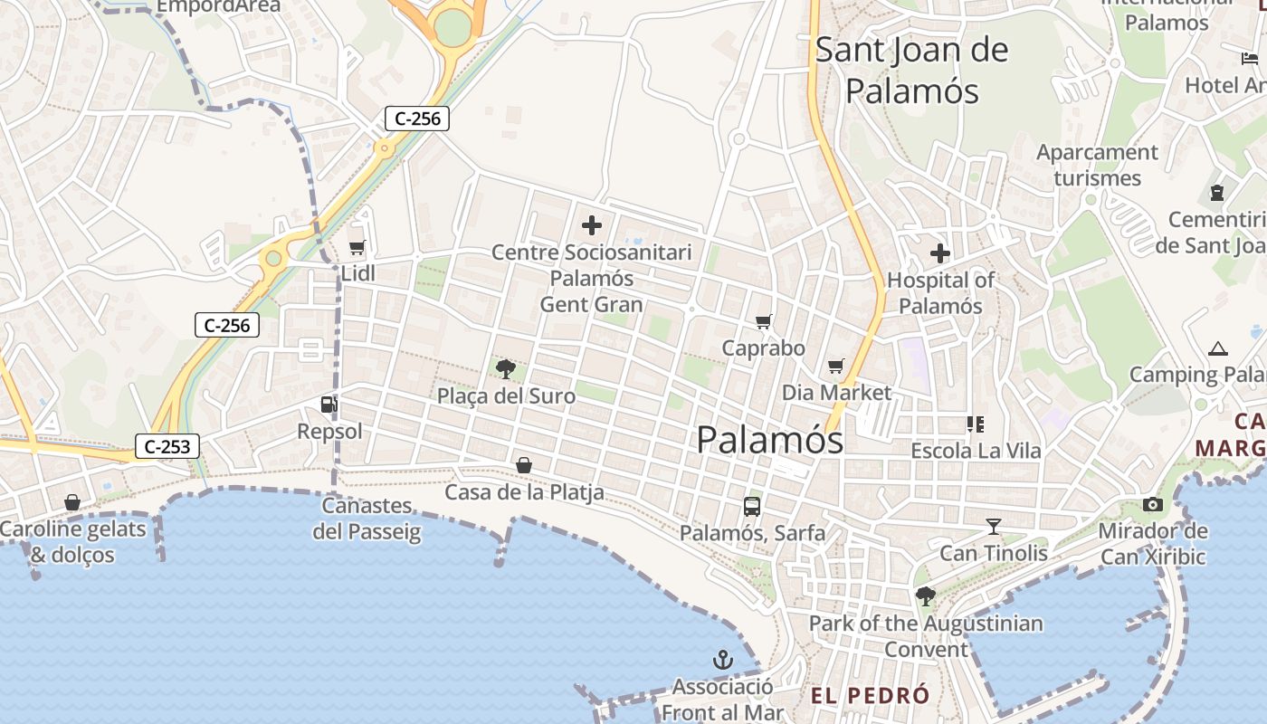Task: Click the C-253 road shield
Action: [x=167, y=445]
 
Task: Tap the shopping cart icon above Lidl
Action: [x=357, y=247]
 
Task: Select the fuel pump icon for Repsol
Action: [x=329, y=405]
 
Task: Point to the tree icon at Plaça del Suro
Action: [x=506, y=368]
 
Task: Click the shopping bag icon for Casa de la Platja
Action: [x=523, y=465]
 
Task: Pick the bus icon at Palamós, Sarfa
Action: [x=752, y=507]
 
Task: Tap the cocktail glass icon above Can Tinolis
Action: [x=994, y=527]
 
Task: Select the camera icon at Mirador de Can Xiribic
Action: [x=1153, y=505]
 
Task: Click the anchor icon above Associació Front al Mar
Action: [x=721, y=660]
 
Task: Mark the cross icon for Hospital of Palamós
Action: [x=940, y=253]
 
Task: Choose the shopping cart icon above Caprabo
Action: [x=764, y=321]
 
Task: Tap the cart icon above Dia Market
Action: [x=835, y=367]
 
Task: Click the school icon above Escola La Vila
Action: [x=975, y=424]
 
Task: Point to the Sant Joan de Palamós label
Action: [x=911, y=70]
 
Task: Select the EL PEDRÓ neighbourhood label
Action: [x=870, y=695]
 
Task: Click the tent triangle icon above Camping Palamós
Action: [x=1217, y=348]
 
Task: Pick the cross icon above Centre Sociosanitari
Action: [x=592, y=225]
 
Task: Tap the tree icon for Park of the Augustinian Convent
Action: [x=925, y=595]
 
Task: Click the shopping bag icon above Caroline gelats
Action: [x=72, y=502]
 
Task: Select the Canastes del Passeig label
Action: [x=367, y=519]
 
